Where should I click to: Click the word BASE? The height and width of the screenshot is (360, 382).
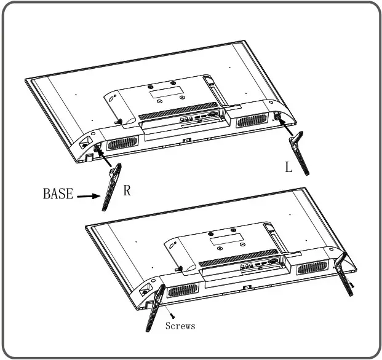point(57,194)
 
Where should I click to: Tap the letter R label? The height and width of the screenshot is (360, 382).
point(127,190)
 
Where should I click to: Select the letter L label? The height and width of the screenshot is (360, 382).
point(288,166)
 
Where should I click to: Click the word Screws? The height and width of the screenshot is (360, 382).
point(180,326)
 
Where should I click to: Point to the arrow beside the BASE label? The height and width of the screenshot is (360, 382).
point(87,196)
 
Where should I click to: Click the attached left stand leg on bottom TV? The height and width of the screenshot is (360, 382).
point(154,307)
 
